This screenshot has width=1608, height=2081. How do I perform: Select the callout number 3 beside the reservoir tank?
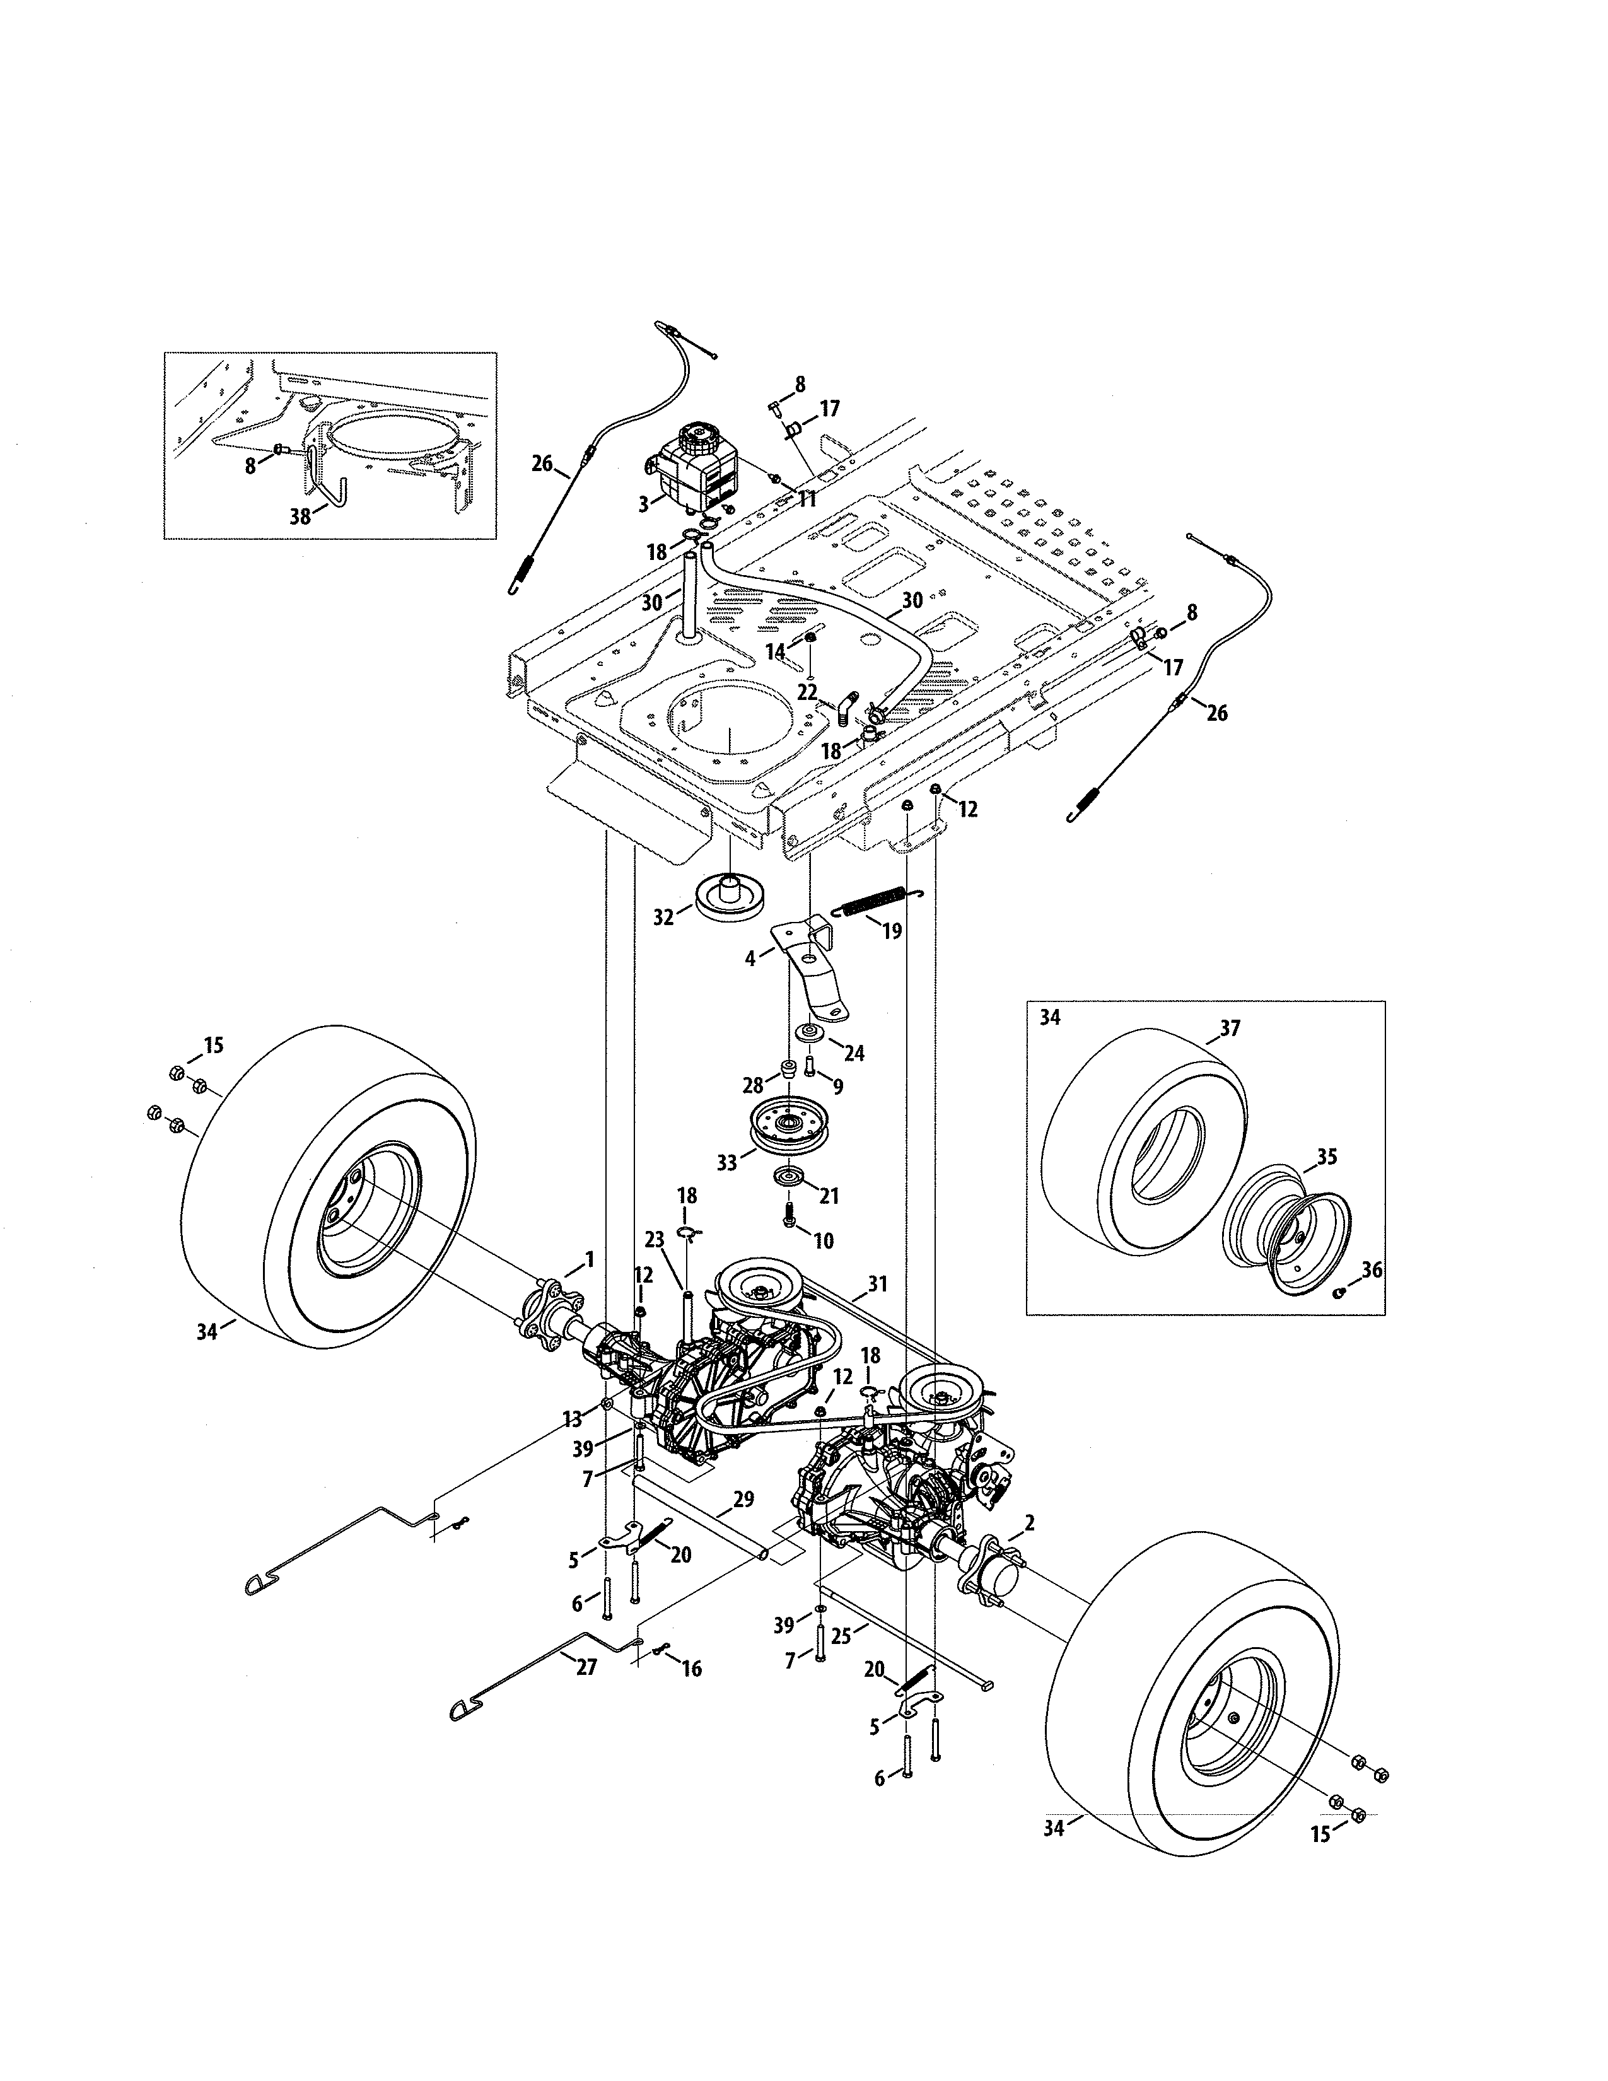click(644, 504)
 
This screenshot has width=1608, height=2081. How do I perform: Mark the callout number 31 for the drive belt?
click(877, 1285)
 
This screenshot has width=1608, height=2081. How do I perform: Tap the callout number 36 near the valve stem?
click(1371, 1270)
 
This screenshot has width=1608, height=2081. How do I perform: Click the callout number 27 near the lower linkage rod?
click(586, 1667)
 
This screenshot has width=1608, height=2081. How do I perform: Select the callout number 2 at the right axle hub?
click(1029, 1524)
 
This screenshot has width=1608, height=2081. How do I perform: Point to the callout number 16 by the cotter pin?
click(692, 1669)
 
